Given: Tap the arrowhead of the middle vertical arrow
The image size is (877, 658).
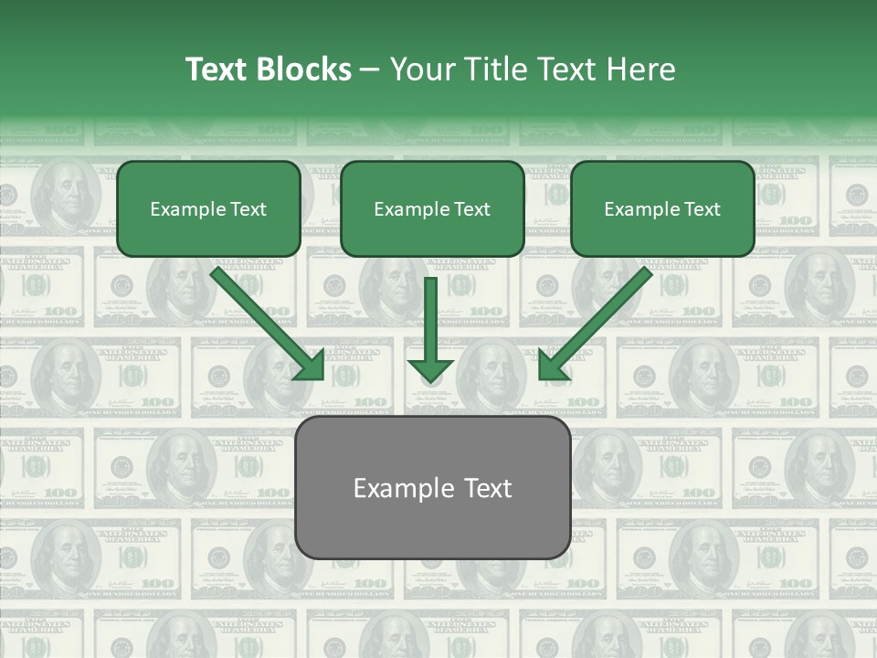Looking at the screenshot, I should pyautogui.click(x=431, y=369).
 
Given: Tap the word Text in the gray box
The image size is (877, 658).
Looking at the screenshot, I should pyautogui.click(x=487, y=488).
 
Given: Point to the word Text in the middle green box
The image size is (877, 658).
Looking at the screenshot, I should pyautogui.click(x=470, y=209).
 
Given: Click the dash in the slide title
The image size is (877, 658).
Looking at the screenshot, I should pyautogui.click(x=370, y=70).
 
